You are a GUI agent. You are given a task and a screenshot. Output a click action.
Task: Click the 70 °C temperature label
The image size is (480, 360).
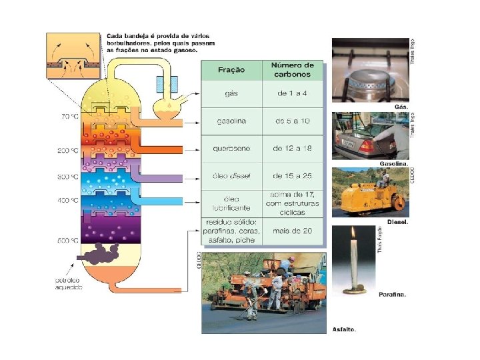(x=70, y=117)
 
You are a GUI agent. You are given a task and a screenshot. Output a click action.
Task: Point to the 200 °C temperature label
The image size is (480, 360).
(x=69, y=151)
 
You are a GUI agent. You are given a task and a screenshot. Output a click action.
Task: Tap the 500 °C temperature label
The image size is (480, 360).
(x=69, y=240)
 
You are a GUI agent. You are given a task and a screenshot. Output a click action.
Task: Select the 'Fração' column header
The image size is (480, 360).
(x=231, y=70)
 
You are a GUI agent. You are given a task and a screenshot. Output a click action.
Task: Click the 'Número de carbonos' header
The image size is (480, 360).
(x=292, y=70)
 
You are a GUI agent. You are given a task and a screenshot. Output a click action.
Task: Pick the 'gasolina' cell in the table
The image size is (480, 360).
(x=231, y=121)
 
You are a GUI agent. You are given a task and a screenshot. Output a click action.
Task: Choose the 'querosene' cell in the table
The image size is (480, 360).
(x=231, y=147)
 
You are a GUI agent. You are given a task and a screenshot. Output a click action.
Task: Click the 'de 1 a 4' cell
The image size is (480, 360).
(x=292, y=94)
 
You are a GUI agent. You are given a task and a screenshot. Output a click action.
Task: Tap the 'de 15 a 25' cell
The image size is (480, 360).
(x=292, y=176)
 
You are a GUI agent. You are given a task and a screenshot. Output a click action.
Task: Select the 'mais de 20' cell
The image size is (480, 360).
(x=292, y=231)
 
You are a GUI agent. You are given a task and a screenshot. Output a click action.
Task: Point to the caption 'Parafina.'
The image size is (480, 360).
(x=392, y=294)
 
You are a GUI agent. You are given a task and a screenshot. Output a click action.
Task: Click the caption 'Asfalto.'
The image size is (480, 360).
(x=344, y=329)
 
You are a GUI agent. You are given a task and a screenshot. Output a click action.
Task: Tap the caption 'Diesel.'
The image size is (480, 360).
(x=397, y=221)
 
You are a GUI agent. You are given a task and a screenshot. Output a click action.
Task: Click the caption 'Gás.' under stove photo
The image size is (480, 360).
(x=401, y=107)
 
